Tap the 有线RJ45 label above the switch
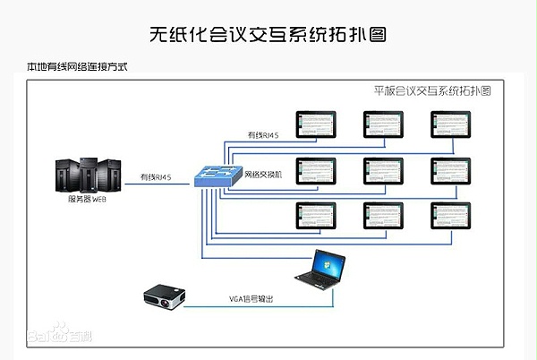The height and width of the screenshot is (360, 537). point(263,135)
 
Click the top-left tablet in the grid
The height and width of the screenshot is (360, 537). point(317,124)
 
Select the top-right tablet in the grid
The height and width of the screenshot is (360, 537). point(452,124)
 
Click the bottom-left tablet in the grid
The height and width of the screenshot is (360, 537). point(317,215)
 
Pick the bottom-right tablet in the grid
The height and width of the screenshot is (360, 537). point(452,215)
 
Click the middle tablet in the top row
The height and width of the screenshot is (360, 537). point(385,124)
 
